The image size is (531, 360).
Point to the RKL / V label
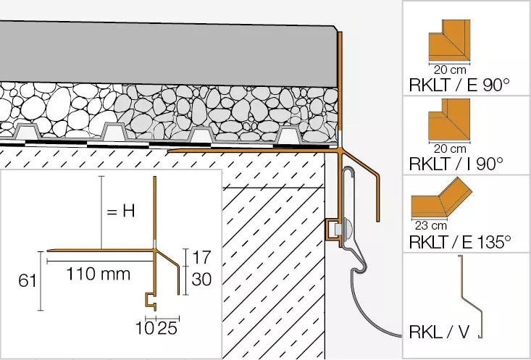pos(440,332)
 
